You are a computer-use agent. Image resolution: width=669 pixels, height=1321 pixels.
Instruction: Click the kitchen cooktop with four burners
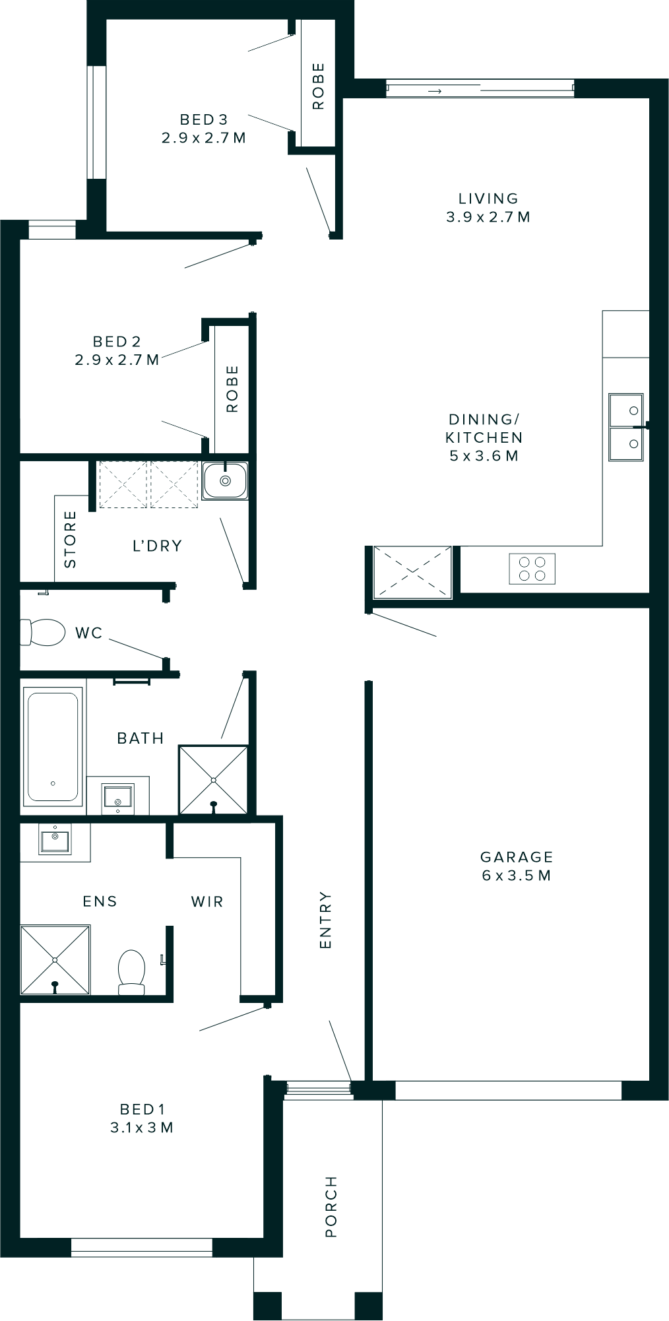click(532, 569)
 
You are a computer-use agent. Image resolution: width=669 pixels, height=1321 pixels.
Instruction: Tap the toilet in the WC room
click(42, 632)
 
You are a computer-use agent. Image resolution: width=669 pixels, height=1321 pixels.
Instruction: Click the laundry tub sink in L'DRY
click(225, 480)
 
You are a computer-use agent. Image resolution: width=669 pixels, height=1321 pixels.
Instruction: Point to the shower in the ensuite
click(55, 959)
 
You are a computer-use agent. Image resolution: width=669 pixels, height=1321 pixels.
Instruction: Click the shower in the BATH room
click(214, 781)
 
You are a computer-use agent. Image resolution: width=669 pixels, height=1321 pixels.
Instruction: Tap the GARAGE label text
click(517, 856)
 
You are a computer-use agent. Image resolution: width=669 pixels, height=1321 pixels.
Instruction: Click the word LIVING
click(488, 198)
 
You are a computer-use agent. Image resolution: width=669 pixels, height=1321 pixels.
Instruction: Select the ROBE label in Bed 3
click(319, 86)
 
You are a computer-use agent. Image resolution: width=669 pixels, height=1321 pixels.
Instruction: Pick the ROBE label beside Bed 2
click(232, 389)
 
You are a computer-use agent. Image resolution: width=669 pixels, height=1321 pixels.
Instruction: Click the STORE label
click(70, 539)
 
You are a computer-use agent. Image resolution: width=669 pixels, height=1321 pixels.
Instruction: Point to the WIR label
click(207, 901)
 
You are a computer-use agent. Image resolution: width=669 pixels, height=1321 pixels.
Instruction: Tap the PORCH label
click(331, 1206)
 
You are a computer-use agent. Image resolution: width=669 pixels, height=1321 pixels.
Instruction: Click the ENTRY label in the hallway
click(325, 920)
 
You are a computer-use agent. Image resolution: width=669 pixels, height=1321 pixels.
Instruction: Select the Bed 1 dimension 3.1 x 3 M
click(142, 1128)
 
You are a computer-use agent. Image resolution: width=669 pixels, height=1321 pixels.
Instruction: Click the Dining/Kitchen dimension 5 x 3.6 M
click(484, 456)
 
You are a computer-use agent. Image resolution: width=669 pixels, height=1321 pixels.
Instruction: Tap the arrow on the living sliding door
click(434, 91)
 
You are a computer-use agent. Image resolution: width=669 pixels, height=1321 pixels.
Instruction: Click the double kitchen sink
click(625, 427)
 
